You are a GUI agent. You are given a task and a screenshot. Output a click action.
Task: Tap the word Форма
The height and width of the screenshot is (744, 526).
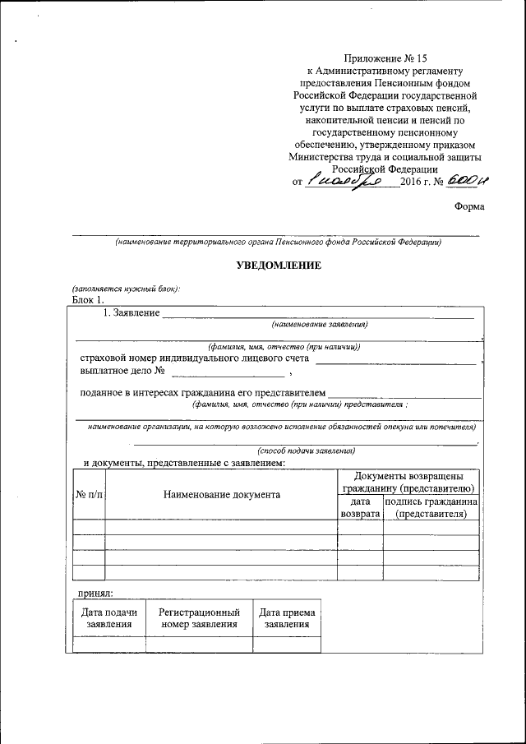coord(468,206)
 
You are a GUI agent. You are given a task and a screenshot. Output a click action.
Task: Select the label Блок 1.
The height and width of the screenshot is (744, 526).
coord(88,299)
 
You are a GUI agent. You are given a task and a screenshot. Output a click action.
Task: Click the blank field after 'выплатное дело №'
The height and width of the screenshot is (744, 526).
coord(215,374)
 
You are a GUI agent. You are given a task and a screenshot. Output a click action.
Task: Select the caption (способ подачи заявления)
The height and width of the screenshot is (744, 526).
coord(306,451)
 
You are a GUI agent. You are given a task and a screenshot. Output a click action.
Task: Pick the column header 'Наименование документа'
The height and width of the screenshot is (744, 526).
coord(221,494)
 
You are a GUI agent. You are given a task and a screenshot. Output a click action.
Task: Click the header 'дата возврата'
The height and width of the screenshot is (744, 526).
coord(360,507)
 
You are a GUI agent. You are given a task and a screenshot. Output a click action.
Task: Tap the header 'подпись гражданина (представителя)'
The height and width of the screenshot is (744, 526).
coord(431,507)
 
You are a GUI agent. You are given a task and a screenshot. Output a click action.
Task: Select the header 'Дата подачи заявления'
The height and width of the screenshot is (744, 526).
coord(109,618)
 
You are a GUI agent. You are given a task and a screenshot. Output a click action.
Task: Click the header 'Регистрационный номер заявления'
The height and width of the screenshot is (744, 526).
coord(199,618)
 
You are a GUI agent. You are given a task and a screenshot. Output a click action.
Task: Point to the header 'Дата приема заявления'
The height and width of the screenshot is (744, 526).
coord(287,618)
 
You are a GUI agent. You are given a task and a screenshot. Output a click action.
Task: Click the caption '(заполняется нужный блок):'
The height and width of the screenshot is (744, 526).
coord(126,289)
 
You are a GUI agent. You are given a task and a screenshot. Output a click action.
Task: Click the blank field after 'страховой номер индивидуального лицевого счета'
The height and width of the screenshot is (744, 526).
coord(395,360)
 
